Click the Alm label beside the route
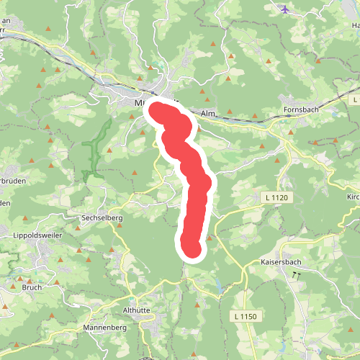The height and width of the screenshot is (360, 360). click(x=209, y=114)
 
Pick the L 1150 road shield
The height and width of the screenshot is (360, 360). click(x=245, y=316)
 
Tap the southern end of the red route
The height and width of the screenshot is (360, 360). click(x=192, y=248)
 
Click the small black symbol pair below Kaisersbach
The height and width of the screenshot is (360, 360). click(x=296, y=275)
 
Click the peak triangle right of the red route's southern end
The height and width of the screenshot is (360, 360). click(x=210, y=237)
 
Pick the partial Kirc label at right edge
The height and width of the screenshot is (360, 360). click(x=353, y=196)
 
